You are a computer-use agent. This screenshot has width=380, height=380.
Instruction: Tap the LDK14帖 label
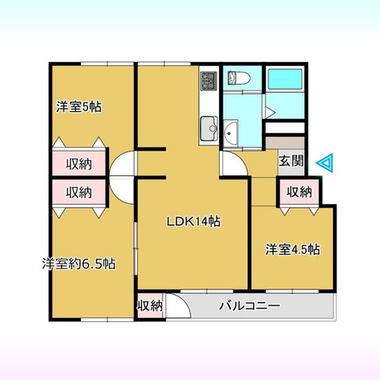pyautogui.click(x=193, y=222)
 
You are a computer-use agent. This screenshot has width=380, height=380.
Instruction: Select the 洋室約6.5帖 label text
pyautogui.click(x=79, y=263)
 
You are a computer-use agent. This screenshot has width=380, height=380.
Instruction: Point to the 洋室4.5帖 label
pyautogui.click(x=293, y=249)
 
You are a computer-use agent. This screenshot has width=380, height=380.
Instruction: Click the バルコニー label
pyautogui.click(x=249, y=305)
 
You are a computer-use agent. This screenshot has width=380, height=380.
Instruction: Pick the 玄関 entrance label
pyautogui.click(x=290, y=160)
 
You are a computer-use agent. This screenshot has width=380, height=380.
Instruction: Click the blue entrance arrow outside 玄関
pyautogui.click(x=326, y=163)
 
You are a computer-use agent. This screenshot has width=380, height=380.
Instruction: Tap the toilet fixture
pyautogui.click(x=236, y=79)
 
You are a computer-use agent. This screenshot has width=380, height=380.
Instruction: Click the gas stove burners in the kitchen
pyautogui.click(x=209, y=80)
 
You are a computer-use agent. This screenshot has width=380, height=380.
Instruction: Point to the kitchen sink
pyautogui.click(x=209, y=125)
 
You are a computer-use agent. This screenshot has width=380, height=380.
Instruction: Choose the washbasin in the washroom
pyautogui.click(x=233, y=132)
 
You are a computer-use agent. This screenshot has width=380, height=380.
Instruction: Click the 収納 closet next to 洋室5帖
pyautogui.click(x=79, y=164)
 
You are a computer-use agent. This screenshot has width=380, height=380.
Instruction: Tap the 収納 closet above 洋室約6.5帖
pyautogui.click(x=79, y=192)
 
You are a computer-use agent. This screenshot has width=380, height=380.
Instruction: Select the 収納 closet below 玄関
pyautogui.click(x=297, y=192)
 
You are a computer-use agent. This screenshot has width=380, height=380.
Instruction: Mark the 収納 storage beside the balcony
pyautogui.click(x=149, y=305)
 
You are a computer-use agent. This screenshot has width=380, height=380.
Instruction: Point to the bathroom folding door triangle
pyautogui.click(x=270, y=111)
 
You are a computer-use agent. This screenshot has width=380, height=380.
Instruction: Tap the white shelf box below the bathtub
pyautogui.click(x=285, y=129)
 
